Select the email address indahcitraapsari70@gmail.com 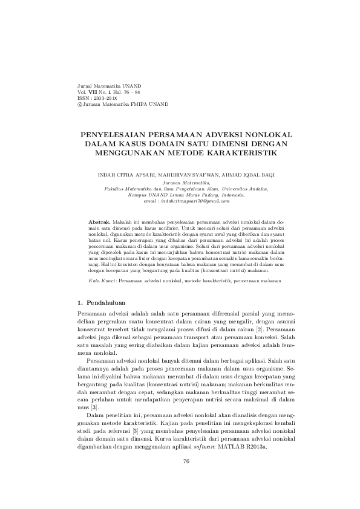click(x=187, y=201)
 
